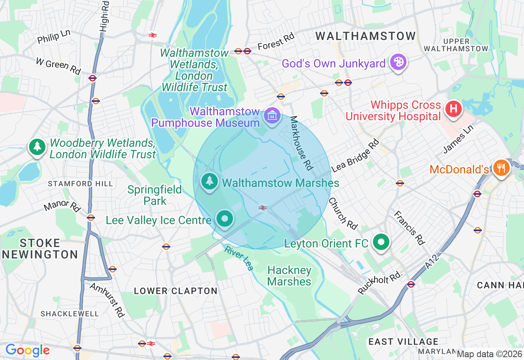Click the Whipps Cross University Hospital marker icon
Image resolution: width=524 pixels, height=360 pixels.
pyautogui.click(x=454, y=109)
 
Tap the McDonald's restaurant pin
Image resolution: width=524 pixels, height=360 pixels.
pyautogui.click(x=501, y=168)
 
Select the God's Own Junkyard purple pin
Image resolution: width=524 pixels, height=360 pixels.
pyautogui.click(x=397, y=63)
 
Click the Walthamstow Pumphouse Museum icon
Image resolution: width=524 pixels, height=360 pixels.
pyautogui.click(x=272, y=117)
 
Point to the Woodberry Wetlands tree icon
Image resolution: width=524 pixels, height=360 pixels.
pyautogui.click(x=37, y=146)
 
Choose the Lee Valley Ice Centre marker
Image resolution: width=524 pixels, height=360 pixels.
pyautogui.click(x=224, y=219)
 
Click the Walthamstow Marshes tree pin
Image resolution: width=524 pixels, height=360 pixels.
pyautogui.click(x=210, y=181)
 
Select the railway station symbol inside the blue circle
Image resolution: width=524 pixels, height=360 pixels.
pyautogui.click(x=263, y=208)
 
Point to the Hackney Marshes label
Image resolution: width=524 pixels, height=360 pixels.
pyautogui.click(x=289, y=276)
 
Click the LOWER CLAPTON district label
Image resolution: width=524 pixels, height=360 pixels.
pyautogui.click(x=176, y=291)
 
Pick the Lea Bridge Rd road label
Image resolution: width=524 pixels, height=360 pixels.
pyautogui.click(x=355, y=155)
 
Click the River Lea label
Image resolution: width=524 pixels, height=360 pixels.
pyautogui.click(x=239, y=258)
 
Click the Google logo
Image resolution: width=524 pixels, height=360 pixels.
pyautogui.click(x=27, y=350)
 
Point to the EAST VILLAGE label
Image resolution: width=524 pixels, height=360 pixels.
pyautogui.click(x=403, y=342)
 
